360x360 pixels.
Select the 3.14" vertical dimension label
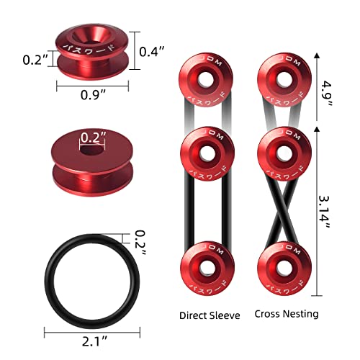tap(328, 208)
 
